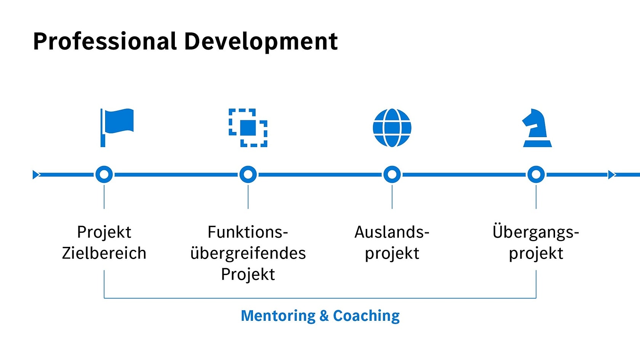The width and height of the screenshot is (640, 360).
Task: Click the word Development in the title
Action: [261, 41]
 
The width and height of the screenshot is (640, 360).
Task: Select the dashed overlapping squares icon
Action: [248, 128]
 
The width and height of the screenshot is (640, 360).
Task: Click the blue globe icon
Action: [392, 128]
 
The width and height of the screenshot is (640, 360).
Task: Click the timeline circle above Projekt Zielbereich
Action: [104, 174]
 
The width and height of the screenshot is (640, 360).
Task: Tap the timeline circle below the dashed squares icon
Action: [248, 174]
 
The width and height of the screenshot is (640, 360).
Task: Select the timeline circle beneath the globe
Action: [392, 174]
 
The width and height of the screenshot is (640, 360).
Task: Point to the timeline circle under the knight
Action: [536, 174]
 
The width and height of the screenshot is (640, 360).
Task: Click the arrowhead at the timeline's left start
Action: [36, 174]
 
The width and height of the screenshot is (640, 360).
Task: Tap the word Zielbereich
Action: [104, 253]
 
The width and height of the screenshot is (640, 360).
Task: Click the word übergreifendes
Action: [248, 253]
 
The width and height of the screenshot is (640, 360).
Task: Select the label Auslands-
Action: [392, 232]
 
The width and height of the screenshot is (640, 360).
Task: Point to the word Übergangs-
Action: [536, 232]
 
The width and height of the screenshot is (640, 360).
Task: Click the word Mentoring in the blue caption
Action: [278, 316]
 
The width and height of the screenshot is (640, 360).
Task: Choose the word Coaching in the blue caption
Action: [366, 316]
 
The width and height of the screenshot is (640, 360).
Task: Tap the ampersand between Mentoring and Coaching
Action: [324, 316]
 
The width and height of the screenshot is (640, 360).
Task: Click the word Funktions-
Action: [248, 232]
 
